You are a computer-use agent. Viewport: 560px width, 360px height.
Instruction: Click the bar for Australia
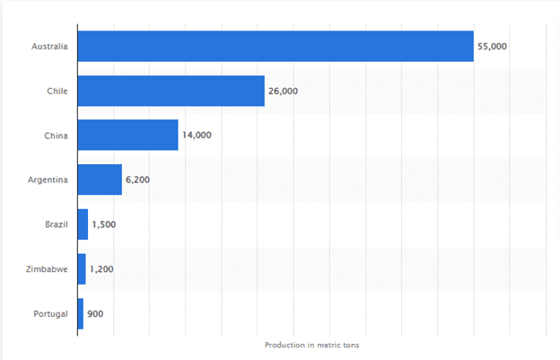pyautogui.click(x=276, y=46)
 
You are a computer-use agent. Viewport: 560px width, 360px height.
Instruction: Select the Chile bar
pyautogui.click(x=171, y=91)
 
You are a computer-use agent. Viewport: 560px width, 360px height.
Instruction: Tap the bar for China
pyautogui.click(x=128, y=135)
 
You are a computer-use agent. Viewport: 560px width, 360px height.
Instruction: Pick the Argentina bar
pyautogui.click(x=100, y=180)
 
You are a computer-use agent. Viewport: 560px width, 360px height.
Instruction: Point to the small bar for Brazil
pyautogui.click(x=83, y=224)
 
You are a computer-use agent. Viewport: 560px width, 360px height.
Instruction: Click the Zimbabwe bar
pyautogui.click(x=83, y=268)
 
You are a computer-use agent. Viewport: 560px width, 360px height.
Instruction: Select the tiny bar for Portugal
pyautogui.click(x=81, y=313)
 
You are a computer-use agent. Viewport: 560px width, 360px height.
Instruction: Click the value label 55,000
pyautogui.click(x=493, y=46)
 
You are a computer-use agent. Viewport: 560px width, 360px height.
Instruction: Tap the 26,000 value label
pyautogui.click(x=284, y=91)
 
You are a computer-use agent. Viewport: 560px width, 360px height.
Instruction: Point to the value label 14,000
pyautogui.click(x=197, y=135)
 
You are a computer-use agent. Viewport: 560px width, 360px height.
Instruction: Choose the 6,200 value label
pyautogui.click(x=137, y=180)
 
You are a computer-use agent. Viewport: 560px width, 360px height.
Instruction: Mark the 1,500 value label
pyautogui.click(x=104, y=224)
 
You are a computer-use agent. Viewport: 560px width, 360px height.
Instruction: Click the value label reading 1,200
pyautogui.click(x=102, y=268)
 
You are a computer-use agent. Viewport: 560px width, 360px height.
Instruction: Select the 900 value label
pyautogui.click(x=97, y=313)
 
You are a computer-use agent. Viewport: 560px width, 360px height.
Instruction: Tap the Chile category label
pyautogui.click(x=57, y=91)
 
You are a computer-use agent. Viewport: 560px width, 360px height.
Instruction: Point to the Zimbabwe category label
pyautogui.click(x=48, y=268)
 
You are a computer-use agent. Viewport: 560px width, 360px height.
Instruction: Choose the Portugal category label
pyautogui.click(x=50, y=313)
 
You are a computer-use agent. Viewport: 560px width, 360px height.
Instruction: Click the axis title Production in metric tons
pyautogui.click(x=312, y=345)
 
